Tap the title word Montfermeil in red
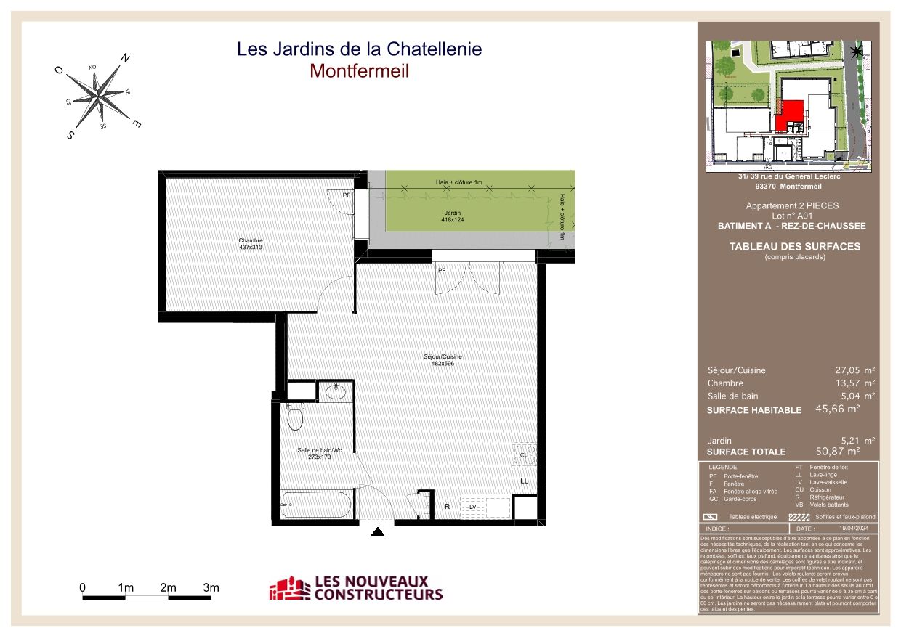(x=359, y=71)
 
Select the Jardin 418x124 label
(x=453, y=216)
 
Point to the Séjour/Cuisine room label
(x=443, y=360)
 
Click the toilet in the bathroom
(x=295, y=417)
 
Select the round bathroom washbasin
(x=336, y=393)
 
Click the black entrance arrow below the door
(x=377, y=532)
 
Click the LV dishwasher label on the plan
(x=472, y=507)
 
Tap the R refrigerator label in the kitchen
(x=447, y=507)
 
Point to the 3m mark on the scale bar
(x=211, y=587)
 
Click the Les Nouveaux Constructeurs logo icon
(x=288, y=588)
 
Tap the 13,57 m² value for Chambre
(x=854, y=383)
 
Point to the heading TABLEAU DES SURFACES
(x=794, y=247)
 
